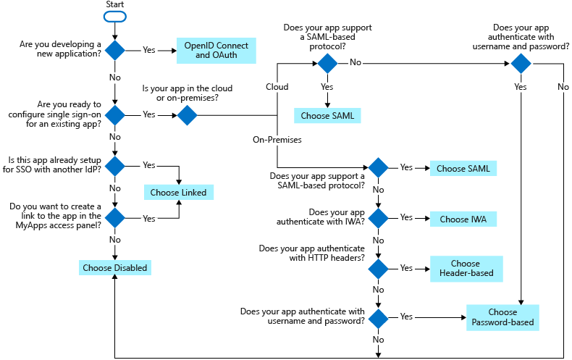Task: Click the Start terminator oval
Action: click(115, 16)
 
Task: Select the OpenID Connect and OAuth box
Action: click(216, 50)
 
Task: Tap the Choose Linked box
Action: click(178, 192)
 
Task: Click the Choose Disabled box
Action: click(115, 267)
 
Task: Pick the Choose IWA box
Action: click(463, 218)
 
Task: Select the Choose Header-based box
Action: click(466, 269)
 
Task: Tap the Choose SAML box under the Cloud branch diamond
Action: click(327, 114)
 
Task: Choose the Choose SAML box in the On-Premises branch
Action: click(463, 168)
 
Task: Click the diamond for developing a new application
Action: click(115, 50)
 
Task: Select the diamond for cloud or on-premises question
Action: click(188, 114)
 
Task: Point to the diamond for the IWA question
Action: click(378, 218)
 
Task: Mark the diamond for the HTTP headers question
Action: click(378, 269)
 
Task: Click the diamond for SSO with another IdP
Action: click(115, 165)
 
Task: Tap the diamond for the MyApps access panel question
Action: click(115, 217)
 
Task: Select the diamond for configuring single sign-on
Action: click(115, 114)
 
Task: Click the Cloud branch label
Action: click(277, 87)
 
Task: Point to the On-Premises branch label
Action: click(276, 139)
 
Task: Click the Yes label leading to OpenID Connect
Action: click(148, 50)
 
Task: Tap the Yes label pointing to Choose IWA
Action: click(406, 217)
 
